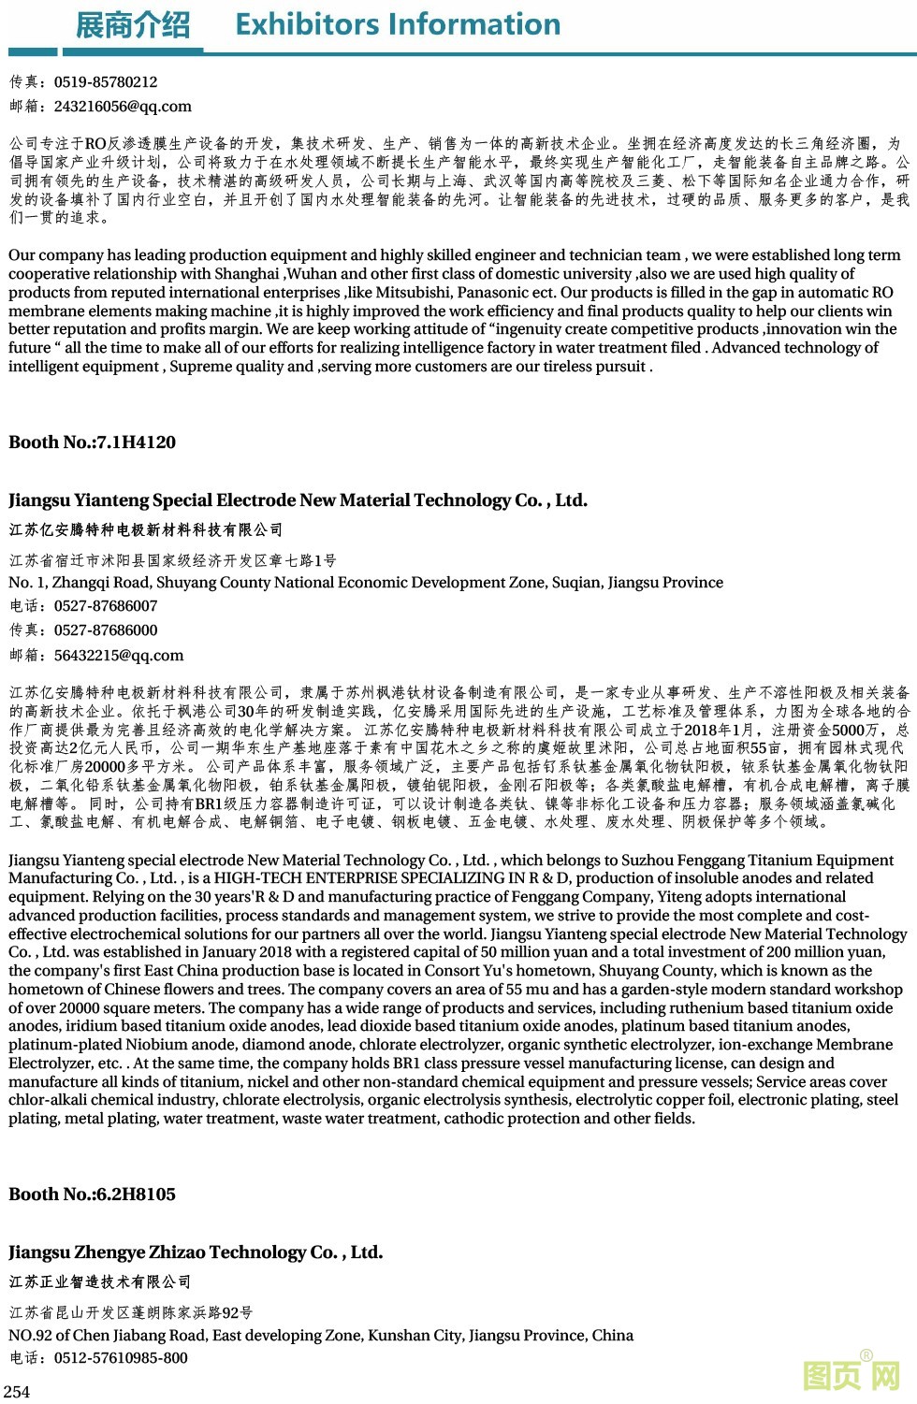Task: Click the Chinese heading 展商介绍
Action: tap(133, 24)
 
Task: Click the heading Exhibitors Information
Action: tap(398, 23)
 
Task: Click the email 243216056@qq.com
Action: tap(123, 107)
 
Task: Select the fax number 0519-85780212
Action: tap(106, 82)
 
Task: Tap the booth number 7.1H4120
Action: tap(136, 442)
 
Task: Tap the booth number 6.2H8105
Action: tap(136, 1194)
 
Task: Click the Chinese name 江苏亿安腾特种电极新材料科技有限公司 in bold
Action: tap(146, 530)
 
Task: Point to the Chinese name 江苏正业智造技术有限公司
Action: tap(100, 1282)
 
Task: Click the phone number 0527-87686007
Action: tap(106, 606)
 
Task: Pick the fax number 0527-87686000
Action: tap(106, 630)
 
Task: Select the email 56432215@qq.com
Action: tap(119, 656)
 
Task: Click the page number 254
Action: tap(17, 1392)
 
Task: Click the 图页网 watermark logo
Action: tap(851, 1375)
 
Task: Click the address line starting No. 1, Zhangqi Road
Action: tap(366, 583)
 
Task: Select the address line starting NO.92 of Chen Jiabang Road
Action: tap(321, 1336)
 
